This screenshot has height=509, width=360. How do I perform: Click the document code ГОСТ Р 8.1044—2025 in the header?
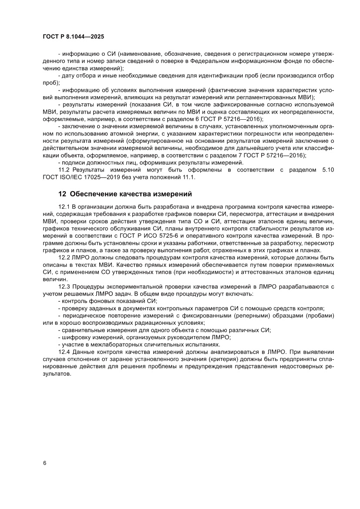[73, 37]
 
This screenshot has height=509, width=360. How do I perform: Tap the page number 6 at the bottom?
[44, 463]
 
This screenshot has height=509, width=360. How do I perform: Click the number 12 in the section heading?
[62, 194]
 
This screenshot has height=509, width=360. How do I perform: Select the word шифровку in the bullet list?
[76, 337]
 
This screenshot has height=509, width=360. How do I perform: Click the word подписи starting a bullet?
[73, 163]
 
